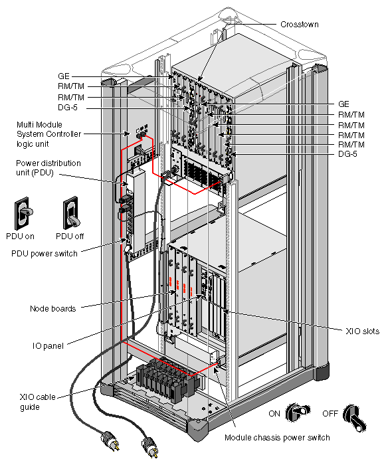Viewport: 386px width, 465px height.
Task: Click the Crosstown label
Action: coord(300,25)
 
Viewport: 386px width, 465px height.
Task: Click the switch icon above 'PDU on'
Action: coord(23,213)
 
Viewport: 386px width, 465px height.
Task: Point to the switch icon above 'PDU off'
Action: coord(71,213)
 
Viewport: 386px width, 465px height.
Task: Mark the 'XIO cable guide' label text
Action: coord(33,402)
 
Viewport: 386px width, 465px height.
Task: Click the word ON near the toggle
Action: coord(274,412)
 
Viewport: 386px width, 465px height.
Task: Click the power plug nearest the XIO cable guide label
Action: coord(108,440)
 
